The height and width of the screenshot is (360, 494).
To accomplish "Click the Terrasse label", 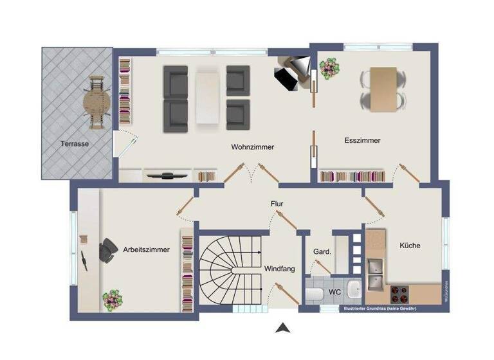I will [x=75, y=144].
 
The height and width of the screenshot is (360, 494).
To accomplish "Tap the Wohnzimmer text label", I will [x=253, y=147].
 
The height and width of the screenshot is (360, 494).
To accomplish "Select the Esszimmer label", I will [x=362, y=140].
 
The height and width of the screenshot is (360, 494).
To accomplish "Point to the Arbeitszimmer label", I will [x=146, y=250].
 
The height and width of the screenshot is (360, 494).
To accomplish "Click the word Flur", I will [x=277, y=204].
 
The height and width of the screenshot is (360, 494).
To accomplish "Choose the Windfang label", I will [x=280, y=269].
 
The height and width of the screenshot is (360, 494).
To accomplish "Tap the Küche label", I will [x=410, y=246].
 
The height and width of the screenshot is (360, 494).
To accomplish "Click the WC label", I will [x=334, y=292].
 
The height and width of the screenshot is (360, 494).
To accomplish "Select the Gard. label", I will [x=322, y=251].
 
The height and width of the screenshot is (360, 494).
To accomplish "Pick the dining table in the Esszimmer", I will [x=383, y=89].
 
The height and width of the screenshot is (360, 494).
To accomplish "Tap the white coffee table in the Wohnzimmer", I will [x=208, y=96].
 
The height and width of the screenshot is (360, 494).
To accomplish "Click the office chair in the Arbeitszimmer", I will [x=106, y=251].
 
